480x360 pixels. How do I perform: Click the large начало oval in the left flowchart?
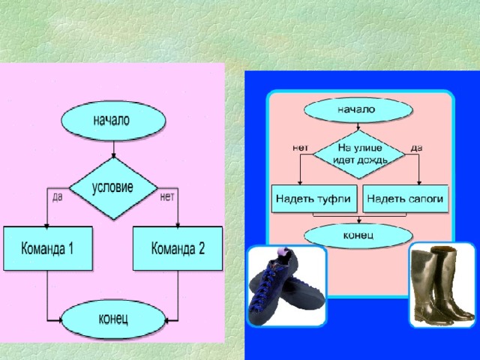(112, 121)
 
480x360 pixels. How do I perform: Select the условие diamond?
(112, 187)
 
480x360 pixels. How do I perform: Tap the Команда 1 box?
(47, 248)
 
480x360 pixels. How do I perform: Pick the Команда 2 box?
(178, 248)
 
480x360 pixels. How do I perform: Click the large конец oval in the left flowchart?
(112, 319)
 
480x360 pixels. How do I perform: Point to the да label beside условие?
(56, 198)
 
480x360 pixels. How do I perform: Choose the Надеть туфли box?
(314, 198)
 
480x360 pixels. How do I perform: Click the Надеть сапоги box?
(405, 198)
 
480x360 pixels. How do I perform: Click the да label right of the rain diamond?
(417, 148)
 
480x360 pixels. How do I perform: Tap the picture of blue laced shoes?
(286, 286)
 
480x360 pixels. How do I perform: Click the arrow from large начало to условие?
(112, 148)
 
